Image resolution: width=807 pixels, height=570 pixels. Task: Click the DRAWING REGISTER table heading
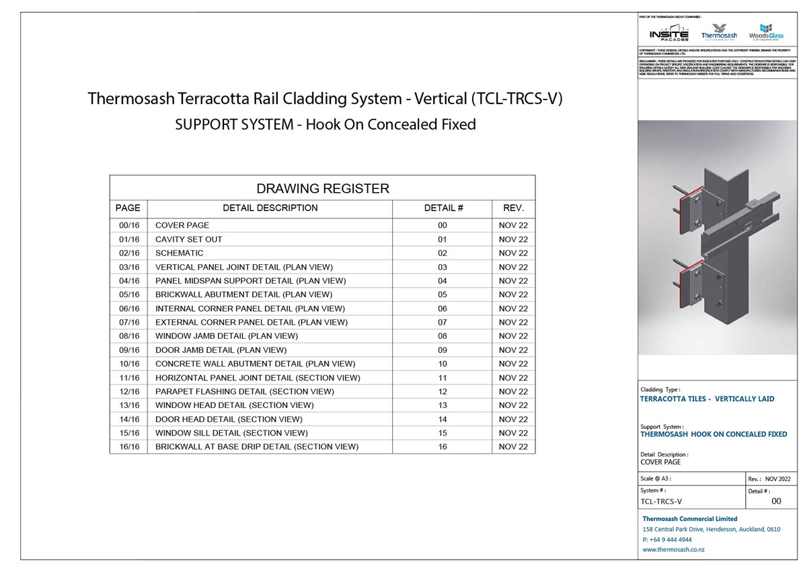click(323, 188)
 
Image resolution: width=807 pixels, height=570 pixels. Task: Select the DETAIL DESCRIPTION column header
click(270, 208)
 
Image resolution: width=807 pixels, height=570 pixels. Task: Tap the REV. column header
click(513, 208)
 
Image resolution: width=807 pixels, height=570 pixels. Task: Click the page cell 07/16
click(128, 322)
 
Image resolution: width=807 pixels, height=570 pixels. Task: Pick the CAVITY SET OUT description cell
click(188, 239)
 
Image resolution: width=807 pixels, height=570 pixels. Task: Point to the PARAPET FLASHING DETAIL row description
click(244, 391)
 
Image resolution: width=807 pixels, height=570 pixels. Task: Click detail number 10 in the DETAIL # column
click(442, 364)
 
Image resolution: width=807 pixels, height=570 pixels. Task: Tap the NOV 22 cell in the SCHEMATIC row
click(513, 253)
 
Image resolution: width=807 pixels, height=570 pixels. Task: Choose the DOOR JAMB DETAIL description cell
click(221, 350)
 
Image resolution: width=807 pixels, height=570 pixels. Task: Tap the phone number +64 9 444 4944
click(667, 539)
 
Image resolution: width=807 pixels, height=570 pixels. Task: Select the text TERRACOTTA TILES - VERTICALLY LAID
click(707, 399)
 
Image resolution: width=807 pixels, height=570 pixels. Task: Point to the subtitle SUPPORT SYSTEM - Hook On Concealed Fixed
click(325, 124)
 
